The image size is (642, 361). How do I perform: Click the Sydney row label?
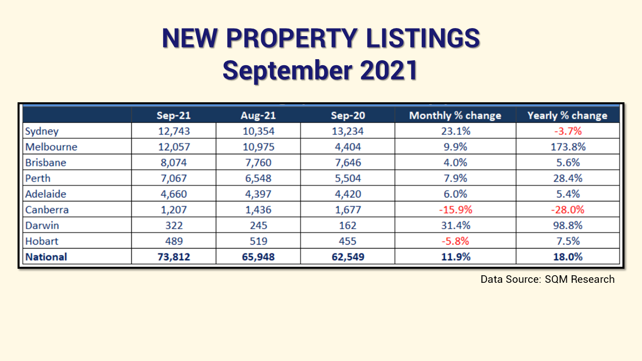42,131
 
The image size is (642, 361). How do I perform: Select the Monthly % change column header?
455,115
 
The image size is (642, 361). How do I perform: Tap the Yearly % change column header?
567,115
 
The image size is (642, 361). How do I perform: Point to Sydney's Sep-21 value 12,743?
173,131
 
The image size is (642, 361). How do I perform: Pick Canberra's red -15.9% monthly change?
455,210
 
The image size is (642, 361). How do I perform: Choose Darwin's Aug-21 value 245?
258,225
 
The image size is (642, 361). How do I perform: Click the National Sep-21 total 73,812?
173,257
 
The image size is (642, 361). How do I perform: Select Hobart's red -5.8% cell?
455,241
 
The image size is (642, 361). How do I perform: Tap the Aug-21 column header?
258,115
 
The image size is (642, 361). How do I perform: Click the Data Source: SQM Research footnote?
547,279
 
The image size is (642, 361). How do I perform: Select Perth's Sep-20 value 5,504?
348,178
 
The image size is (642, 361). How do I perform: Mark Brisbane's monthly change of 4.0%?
455,163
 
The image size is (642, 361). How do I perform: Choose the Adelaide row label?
46,194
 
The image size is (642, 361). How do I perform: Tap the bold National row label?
46,257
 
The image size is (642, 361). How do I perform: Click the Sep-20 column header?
348,115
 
